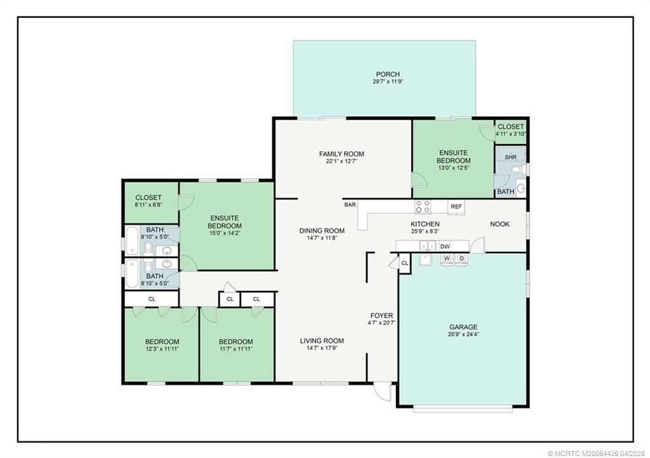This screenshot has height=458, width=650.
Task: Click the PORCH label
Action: click(x=388, y=75)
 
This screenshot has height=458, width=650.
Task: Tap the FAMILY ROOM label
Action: click(x=342, y=154)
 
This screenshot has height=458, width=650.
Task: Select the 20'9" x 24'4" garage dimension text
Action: click(x=463, y=334)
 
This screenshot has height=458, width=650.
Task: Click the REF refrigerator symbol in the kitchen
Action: click(x=456, y=207)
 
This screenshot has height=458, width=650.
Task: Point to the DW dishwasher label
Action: click(x=445, y=247)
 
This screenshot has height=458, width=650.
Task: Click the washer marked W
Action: click(x=447, y=259)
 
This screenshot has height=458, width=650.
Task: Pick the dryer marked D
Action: click(x=462, y=259)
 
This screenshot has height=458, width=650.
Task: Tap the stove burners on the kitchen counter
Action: click(x=422, y=207)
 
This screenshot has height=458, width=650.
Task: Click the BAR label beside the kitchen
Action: click(x=350, y=204)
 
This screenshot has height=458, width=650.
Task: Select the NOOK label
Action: click(x=500, y=224)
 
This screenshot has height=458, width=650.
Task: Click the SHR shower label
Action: click(x=511, y=157)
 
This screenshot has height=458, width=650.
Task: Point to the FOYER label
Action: click(x=381, y=315)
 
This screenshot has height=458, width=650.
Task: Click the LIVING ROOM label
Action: click(x=322, y=341)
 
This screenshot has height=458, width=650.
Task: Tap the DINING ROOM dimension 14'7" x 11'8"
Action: click(x=322, y=238)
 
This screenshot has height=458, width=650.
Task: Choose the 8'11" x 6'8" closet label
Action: click(x=149, y=204)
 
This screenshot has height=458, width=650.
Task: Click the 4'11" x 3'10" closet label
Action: click(x=511, y=134)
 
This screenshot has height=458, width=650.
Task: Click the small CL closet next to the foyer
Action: click(x=405, y=263)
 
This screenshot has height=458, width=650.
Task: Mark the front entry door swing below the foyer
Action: click(x=382, y=393)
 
